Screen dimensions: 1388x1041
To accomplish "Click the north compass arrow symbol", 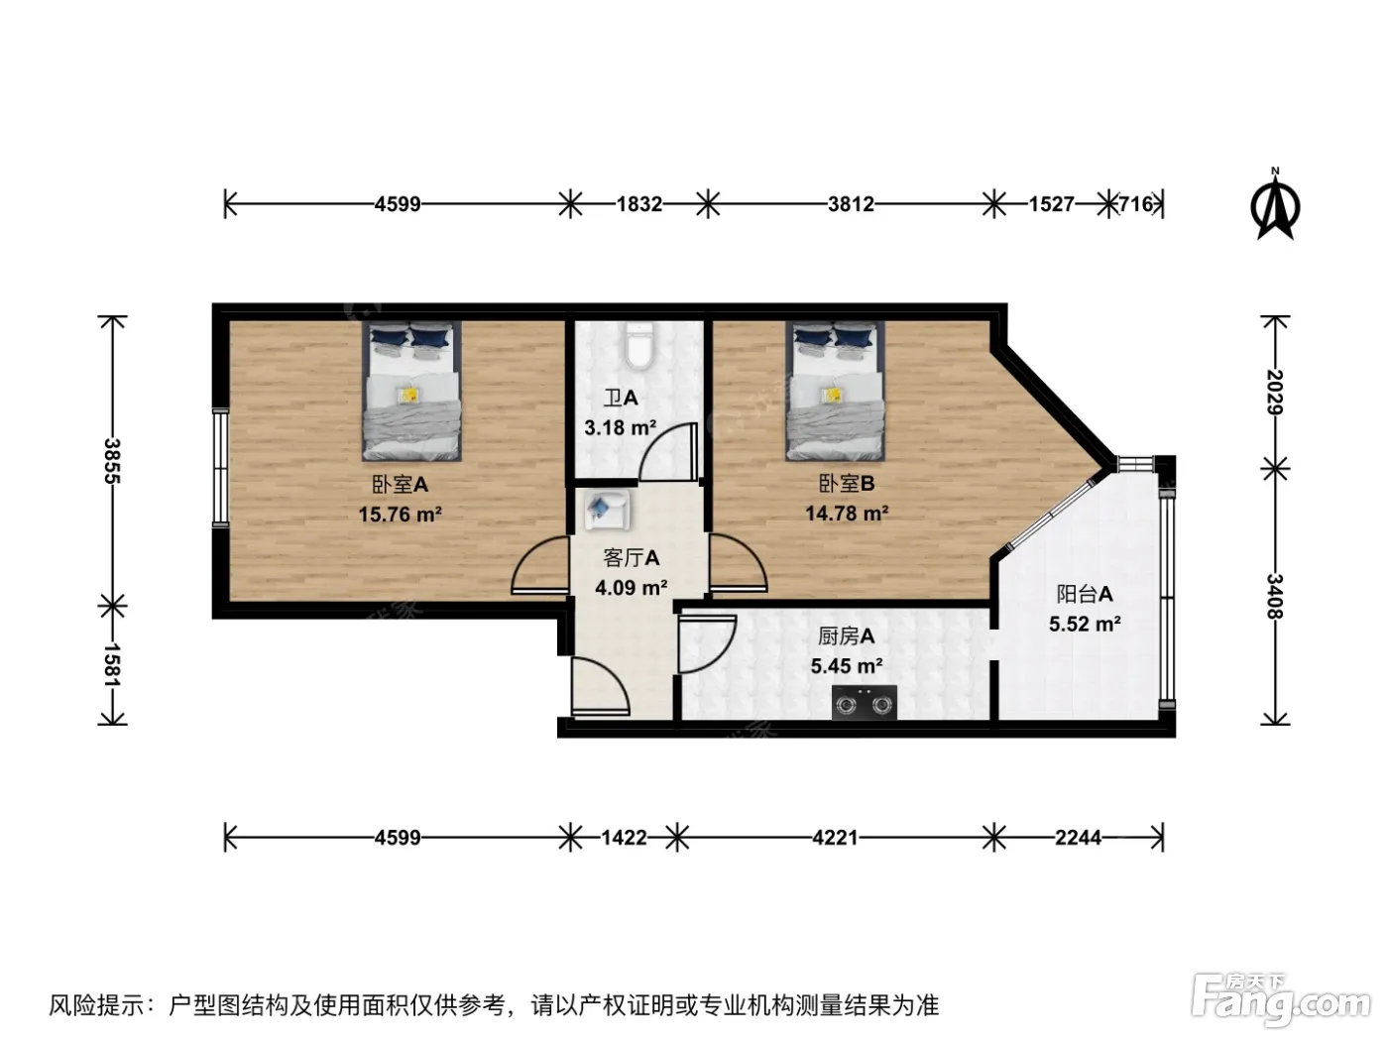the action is click(1275, 204).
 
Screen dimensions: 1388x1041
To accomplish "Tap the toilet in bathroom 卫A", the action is click(638, 346).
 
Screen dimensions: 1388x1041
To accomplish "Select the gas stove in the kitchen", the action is click(864, 702).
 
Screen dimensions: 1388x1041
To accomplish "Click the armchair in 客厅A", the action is click(607, 510).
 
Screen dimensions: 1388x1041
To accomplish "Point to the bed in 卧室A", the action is click(411, 391).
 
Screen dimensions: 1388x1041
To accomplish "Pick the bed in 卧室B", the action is click(835, 391).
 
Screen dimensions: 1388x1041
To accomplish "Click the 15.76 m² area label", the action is click(401, 514).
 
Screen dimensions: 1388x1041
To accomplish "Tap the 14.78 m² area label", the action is click(847, 513).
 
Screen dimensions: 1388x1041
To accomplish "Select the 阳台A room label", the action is click(1085, 594).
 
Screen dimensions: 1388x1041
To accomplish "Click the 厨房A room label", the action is click(846, 636).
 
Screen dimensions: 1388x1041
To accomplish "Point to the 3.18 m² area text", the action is click(621, 428).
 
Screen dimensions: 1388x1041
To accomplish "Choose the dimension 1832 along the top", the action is click(639, 204).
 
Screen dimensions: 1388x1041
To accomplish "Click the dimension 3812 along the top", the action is click(851, 204).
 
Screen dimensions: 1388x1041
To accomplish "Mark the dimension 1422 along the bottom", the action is click(625, 838).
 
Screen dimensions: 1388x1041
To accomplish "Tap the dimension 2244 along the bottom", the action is click(1079, 838).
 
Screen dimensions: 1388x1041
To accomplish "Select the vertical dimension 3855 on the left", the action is click(113, 461).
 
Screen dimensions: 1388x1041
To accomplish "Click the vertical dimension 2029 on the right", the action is click(1275, 392).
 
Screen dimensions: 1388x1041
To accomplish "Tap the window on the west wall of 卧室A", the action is click(219, 467).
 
